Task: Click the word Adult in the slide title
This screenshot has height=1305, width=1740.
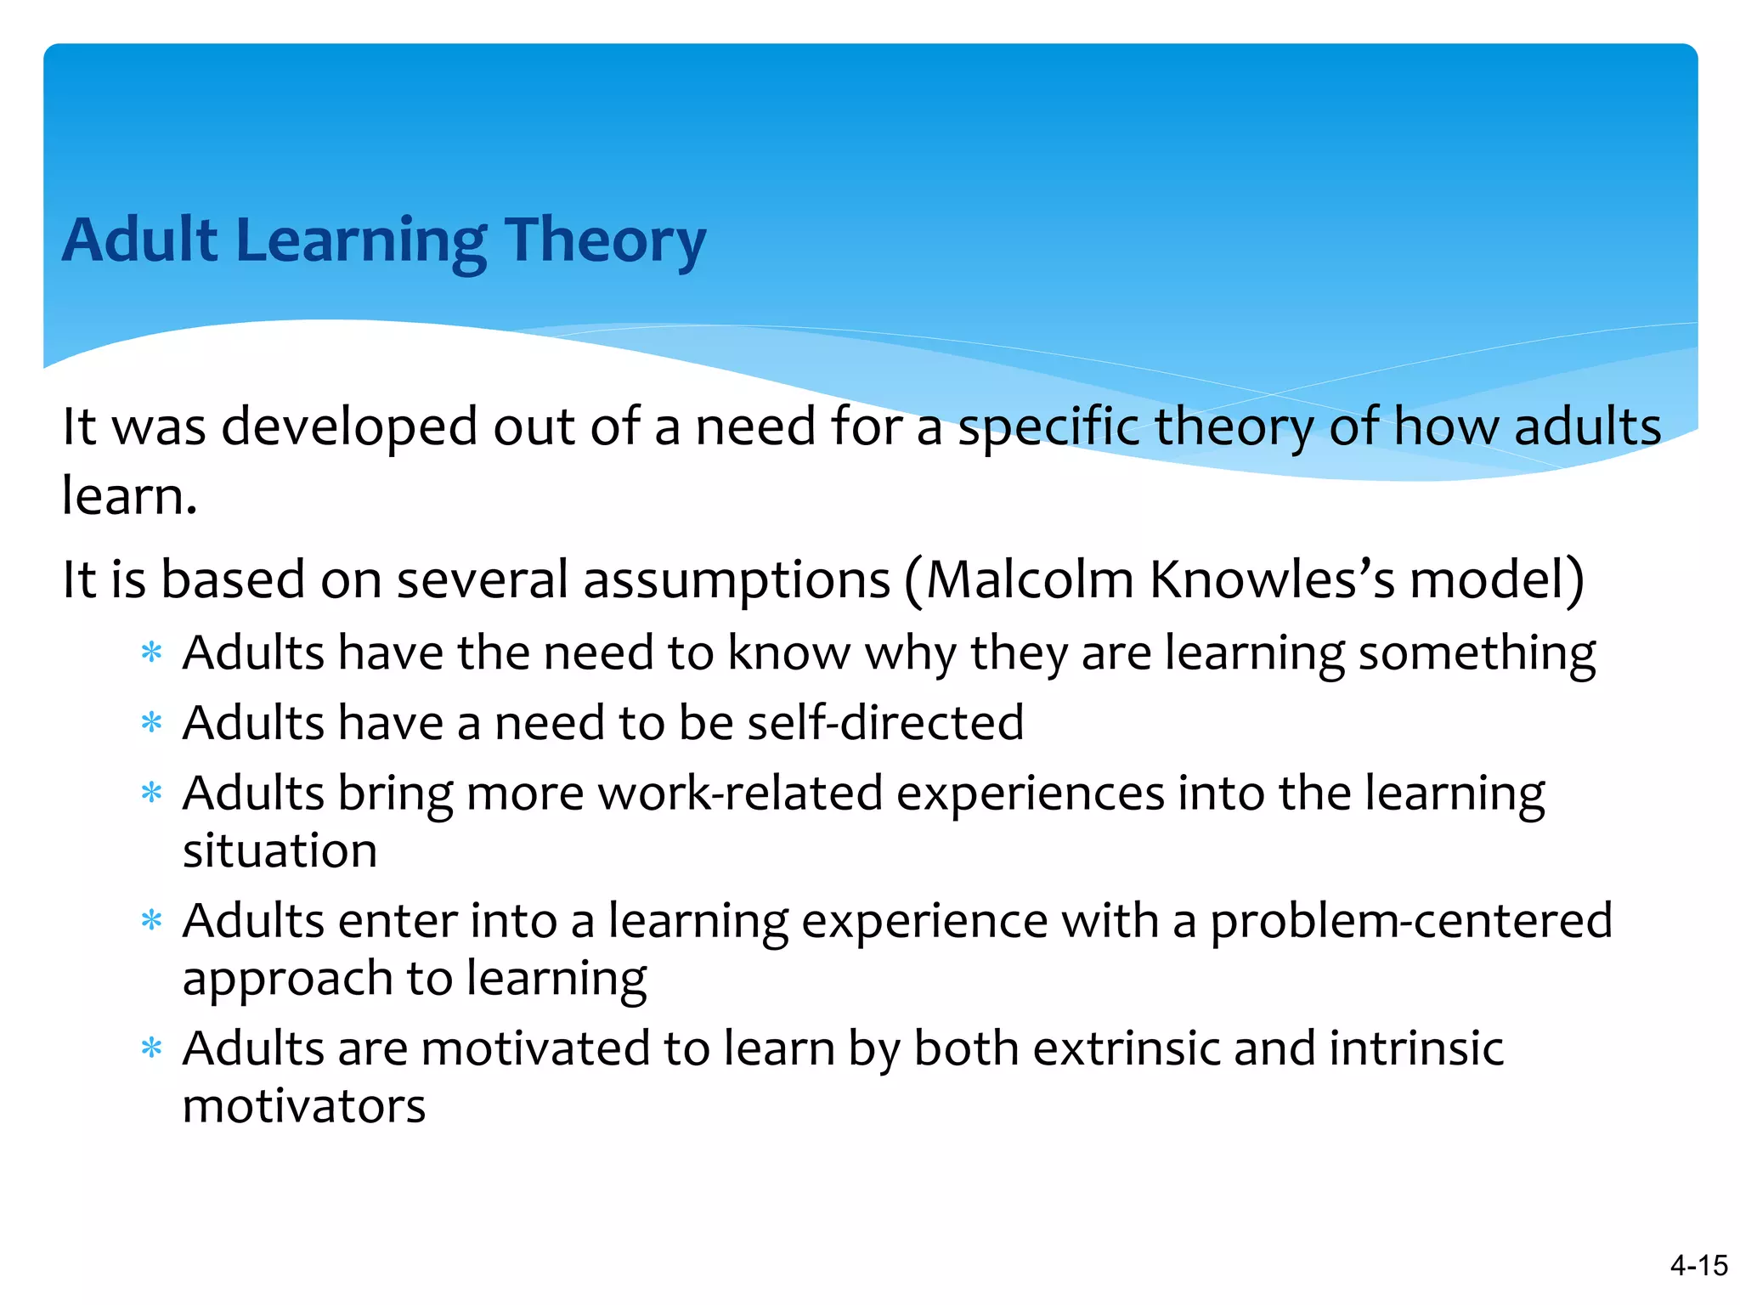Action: click(x=140, y=240)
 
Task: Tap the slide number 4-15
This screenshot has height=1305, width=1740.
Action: click(x=1698, y=1266)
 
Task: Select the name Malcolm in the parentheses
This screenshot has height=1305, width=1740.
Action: click(x=1030, y=580)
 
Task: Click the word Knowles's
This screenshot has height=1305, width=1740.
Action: click(x=1272, y=580)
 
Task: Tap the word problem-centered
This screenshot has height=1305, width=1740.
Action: click(x=1410, y=921)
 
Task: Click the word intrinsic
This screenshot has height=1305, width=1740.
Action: click(x=1415, y=1048)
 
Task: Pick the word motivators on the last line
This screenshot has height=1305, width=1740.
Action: click(x=303, y=1107)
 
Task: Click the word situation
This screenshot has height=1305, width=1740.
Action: click(x=280, y=851)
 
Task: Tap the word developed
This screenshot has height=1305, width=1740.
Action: click(x=350, y=427)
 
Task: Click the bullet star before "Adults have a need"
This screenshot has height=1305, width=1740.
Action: click(x=151, y=724)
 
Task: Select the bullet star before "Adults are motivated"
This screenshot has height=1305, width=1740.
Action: click(x=151, y=1049)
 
